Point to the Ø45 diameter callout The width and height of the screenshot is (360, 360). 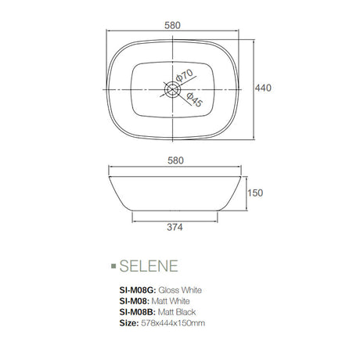point(194,100)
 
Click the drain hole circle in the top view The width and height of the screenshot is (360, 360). point(173,88)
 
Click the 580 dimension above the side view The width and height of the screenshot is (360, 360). point(175,160)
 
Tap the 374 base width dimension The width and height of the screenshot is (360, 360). point(175,229)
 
